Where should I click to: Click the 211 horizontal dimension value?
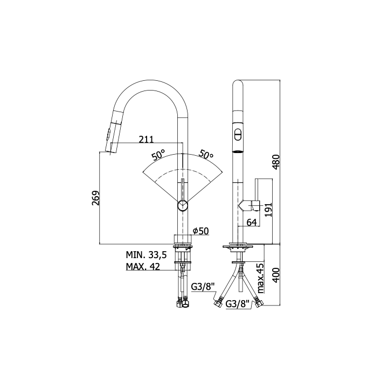click(146, 140)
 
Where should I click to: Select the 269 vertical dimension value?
click(95, 198)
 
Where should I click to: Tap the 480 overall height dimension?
click(276, 162)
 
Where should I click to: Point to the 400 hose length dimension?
click(276, 275)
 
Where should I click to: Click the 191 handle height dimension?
click(268, 210)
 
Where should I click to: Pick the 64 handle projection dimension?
click(252, 223)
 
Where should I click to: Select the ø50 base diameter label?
click(201, 231)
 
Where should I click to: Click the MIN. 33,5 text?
click(147, 254)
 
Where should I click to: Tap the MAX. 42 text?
click(143, 267)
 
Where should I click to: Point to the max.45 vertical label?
click(261, 278)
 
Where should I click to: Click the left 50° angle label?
click(158, 155)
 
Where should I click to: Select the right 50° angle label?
click(206, 155)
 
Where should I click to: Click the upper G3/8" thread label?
click(203, 287)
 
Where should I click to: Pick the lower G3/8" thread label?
click(237, 304)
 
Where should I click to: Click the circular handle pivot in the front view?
click(183, 206)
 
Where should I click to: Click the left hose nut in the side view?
click(218, 303)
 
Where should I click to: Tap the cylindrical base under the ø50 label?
click(183, 239)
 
